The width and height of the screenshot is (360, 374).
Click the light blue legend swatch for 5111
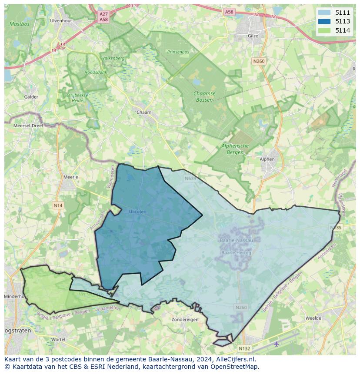pyautogui.click(x=324, y=13)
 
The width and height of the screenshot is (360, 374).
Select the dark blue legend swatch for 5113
pyautogui.click(x=324, y=21)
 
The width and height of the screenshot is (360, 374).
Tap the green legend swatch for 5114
pyautogui.click(x=324, y=30)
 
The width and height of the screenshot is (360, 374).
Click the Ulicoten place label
pyautogui.click(x=137, y=212)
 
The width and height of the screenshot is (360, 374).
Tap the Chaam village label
pyautogui.click(x=144, y=113)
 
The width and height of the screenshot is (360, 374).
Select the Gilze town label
pyautogui.click(x=253, y=36)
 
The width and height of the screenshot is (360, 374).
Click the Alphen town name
pyautogui.click(x=267, y=159)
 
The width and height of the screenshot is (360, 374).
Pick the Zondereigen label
pyautogui.click(x=185, y=319)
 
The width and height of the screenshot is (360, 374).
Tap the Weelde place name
pyautogui.click(x=313, y=318)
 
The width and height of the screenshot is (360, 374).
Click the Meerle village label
pyautogui.click(x=71, y=177)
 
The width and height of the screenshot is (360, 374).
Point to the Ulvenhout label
pyautogui.click(x=60, y=20)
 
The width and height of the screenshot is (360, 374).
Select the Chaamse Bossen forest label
pyautogui.click(x=204, y=96)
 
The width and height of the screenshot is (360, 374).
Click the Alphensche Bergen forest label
pyautogui.click(x=235, y=149)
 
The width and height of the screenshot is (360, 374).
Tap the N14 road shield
pyautogui.click(x=58, y=205)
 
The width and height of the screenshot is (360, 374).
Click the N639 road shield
pyautogui.click(x=190, y=179)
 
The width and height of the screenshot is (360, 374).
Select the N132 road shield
pyautogui.click(x=244, y=348)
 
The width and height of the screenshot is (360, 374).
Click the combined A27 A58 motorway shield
pyautogui.click(x=103, y=17)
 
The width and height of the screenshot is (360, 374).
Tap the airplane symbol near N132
pyautogui.click(x=277, y=344)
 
